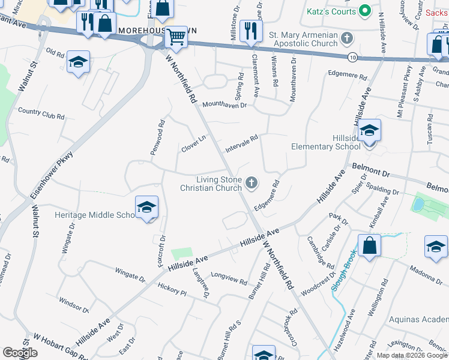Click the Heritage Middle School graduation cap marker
(146, 207)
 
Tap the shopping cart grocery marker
(176, 37)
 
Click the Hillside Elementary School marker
(370, 130)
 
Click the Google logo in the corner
(20, 353)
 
